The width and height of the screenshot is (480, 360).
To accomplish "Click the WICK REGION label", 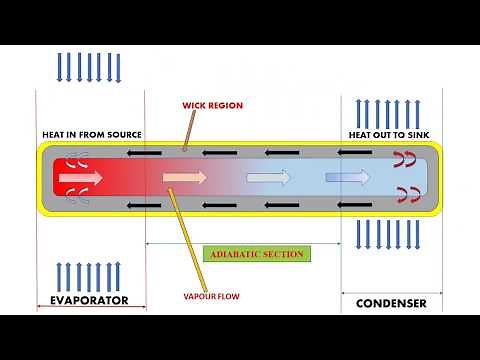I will click(212, 105).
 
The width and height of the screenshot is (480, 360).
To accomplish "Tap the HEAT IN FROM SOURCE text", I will click(91, 134).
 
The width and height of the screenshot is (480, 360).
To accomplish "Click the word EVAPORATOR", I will click(90, 300).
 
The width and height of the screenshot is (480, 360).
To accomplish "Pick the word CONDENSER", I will click(391, 302).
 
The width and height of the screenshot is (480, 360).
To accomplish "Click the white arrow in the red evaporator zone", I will click(81, 178).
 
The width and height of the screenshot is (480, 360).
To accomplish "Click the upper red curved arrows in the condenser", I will click(406, 158).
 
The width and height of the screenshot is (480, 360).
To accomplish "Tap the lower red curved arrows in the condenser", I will click(406, 194).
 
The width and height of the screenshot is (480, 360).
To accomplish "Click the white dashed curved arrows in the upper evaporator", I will click(76, 159).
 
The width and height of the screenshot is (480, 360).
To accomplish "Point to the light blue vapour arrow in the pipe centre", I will click(268, 178).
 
